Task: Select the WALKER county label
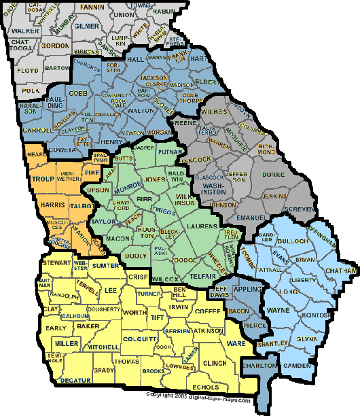pyautogui.click(x=24, y=31)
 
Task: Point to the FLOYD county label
pyautogui.click(x=28, y=70)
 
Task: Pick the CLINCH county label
pyautogui.click(x=214, y=364)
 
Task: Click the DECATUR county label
pyautogui.click(x=75, y=381)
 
